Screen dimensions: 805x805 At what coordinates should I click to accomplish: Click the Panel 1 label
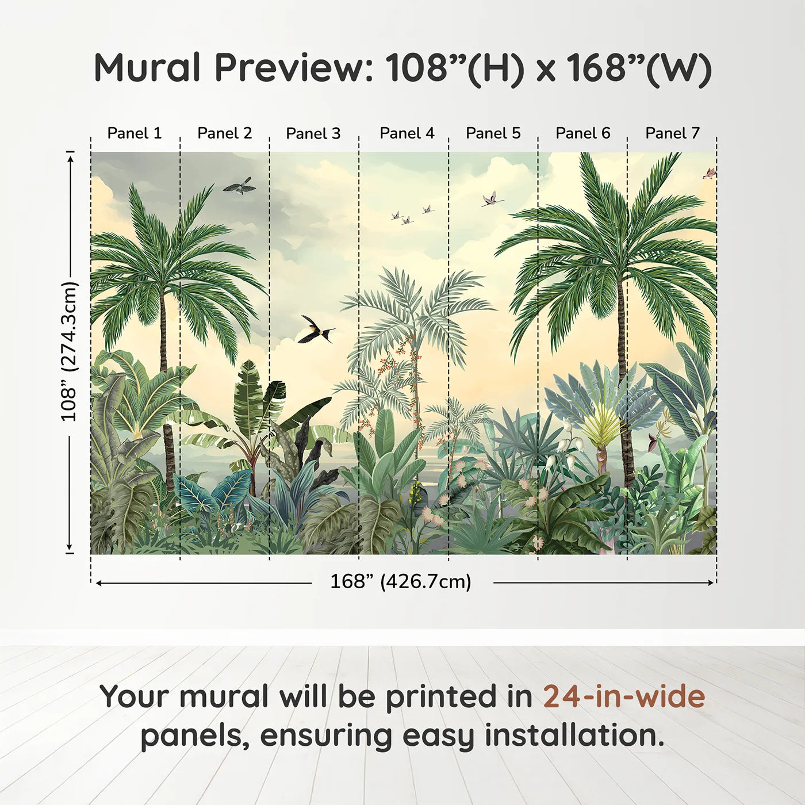(x=134, y=133)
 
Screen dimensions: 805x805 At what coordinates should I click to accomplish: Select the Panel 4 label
(x=407, y=133)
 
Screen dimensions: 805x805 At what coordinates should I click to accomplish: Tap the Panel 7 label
(x=672, y=133)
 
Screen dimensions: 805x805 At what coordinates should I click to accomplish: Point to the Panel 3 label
(x=313, y=133)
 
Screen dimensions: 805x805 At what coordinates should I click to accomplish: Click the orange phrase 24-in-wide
(x=624, y=696)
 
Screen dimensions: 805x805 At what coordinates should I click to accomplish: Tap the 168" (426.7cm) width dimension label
(x=401, y=581)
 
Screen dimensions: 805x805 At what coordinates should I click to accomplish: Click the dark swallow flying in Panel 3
(x=316, y=329)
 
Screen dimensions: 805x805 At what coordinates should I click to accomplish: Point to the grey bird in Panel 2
(x=239, y=185)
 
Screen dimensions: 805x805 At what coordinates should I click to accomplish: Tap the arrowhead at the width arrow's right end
(x=711, y=582)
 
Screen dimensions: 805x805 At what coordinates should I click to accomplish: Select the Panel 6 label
(x=582, y=133)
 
